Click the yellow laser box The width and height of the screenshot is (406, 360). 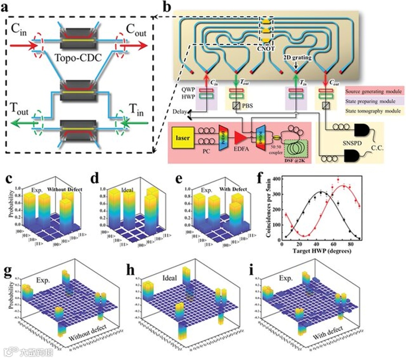point(184,139)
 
